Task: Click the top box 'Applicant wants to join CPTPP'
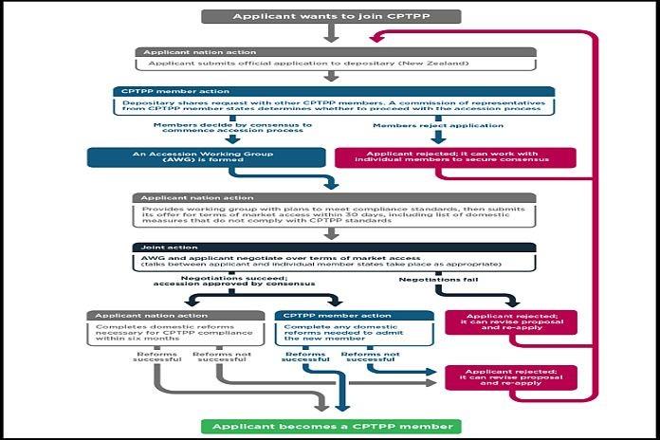(x=330, y=16)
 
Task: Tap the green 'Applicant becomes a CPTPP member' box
(x=330, y=426)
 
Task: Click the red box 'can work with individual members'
(x=456, y=156)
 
